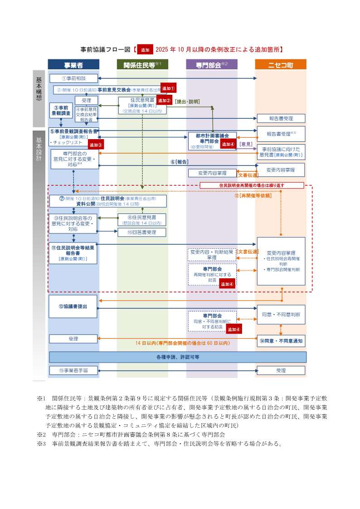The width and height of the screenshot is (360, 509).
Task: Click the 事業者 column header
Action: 74,65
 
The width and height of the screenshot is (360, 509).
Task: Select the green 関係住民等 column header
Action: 142,65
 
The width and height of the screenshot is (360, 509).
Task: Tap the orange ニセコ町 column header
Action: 280,65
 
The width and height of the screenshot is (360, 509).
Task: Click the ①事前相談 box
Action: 73,78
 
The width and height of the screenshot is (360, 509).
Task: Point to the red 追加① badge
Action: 168,89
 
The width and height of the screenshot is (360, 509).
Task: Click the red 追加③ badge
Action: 96,145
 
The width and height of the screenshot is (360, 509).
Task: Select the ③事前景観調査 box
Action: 60,110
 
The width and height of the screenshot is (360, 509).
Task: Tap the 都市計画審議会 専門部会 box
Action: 212,141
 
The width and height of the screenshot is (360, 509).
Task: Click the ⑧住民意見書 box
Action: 141,220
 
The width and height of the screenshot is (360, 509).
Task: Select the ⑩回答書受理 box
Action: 141,233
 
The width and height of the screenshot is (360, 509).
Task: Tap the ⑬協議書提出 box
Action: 73,306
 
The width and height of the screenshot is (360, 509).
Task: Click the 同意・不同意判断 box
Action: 281,314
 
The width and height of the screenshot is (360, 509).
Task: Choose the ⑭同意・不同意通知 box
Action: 281,340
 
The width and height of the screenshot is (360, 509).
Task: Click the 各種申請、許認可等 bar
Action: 177,357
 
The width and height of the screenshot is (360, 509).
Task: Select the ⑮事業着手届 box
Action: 73,370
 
